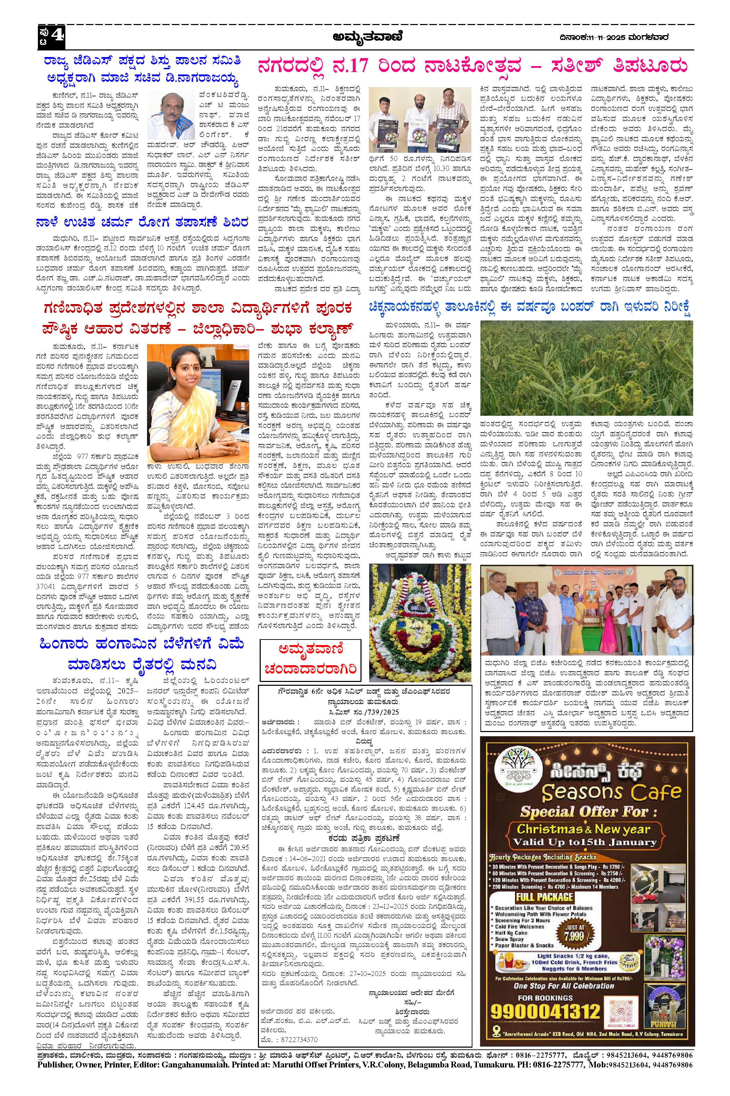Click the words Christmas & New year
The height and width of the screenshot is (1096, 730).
point(583,828)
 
